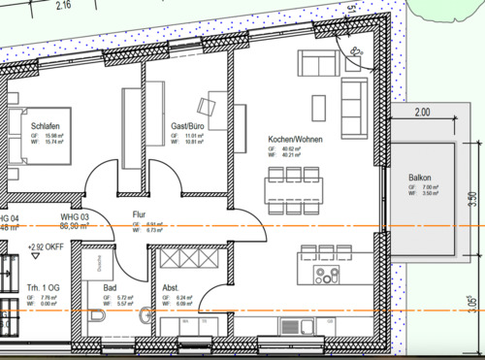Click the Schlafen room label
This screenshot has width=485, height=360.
point(47,127)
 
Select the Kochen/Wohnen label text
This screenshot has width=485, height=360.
point(295,140)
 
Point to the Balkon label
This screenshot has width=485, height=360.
point(419,178)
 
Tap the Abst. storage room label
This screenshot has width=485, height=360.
point(169,288)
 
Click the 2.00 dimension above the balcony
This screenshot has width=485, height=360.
point(422,113)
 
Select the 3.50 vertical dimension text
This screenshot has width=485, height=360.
point(472,200)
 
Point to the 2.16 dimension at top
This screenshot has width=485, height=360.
point(64,6)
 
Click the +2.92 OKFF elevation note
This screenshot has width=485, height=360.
point(48,246)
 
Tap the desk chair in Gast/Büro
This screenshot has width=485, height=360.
point(207,105)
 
